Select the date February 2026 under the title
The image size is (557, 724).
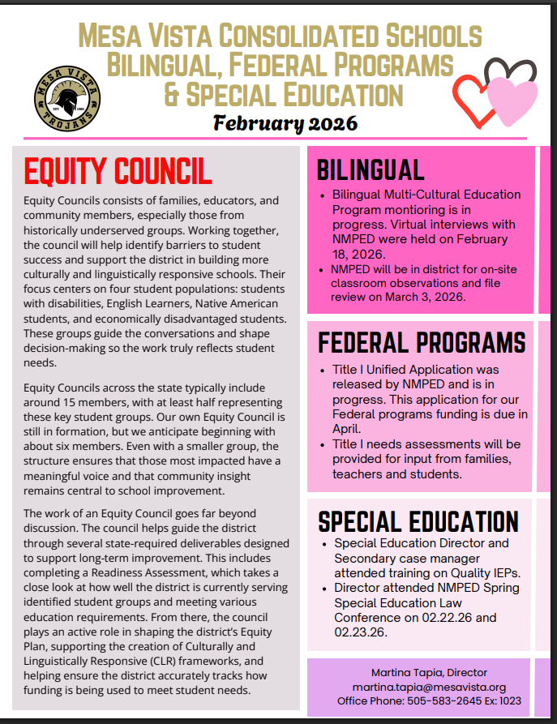coord(285,123)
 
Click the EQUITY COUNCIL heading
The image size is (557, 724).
coord(118,171)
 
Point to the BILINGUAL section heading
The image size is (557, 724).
coord(371,169)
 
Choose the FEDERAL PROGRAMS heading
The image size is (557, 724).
coord(421,342)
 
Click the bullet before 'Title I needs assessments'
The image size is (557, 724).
coord(323,444)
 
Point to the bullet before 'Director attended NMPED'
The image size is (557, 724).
coord(323,587)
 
